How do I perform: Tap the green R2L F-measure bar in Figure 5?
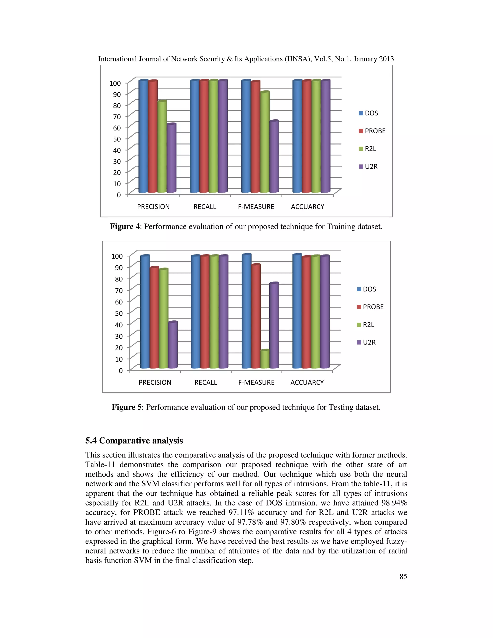coord(265,359)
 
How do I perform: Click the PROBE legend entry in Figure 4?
coord(372,131)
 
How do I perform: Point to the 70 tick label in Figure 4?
coord(117,117)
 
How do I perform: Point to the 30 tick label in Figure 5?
coord(119,336)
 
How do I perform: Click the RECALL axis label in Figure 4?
coord(205,207)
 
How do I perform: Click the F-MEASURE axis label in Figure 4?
coord(256,207)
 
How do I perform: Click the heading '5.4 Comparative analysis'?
coord(134,441)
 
